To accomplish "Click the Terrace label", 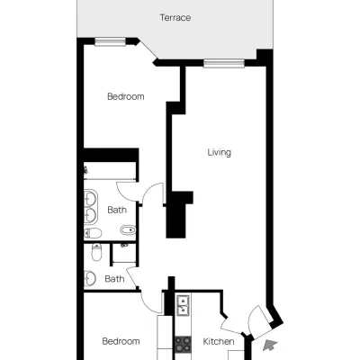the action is click(175, 18).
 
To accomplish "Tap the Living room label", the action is click(220, 152).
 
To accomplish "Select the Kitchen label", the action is click(219, 341).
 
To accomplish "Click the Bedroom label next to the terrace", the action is click(126, 96).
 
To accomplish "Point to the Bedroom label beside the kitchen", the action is click(121, 341).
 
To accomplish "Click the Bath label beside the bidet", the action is click(117, 210).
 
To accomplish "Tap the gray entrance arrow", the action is click(270, 346).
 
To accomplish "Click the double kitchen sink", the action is click(183, 305).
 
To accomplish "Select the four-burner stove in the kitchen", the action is click(183, 344).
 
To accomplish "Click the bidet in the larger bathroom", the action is click(128, 230).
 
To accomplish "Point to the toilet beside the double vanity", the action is click(93, 233).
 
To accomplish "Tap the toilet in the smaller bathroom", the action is click(96, 252).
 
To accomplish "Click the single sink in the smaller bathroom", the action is click(89, 279).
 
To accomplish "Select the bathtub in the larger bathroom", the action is click(110, 171).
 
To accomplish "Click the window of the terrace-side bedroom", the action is click(110, 42).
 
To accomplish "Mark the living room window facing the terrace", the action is click(224, 64).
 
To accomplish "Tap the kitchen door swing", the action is click(229, 326).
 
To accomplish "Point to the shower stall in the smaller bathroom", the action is click(124, 254).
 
